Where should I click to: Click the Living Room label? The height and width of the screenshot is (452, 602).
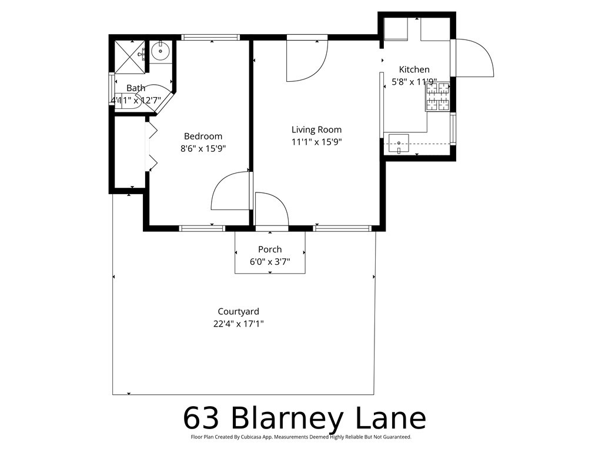point(316,129)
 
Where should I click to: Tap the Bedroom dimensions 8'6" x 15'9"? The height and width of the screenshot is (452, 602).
point(203,149)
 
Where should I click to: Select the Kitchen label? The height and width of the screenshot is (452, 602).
point(414,69)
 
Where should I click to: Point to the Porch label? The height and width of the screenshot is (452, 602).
point(270,250)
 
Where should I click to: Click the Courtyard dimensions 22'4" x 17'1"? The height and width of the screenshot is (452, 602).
point(238,324)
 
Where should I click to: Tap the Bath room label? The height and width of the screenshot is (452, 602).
point(136,88)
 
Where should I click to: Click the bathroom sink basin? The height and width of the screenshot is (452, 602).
point(160,52)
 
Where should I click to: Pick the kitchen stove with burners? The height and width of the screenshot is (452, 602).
point(437,97)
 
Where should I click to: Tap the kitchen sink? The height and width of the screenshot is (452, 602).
point(399,142)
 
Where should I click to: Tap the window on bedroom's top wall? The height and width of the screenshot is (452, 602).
point(210,37)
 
